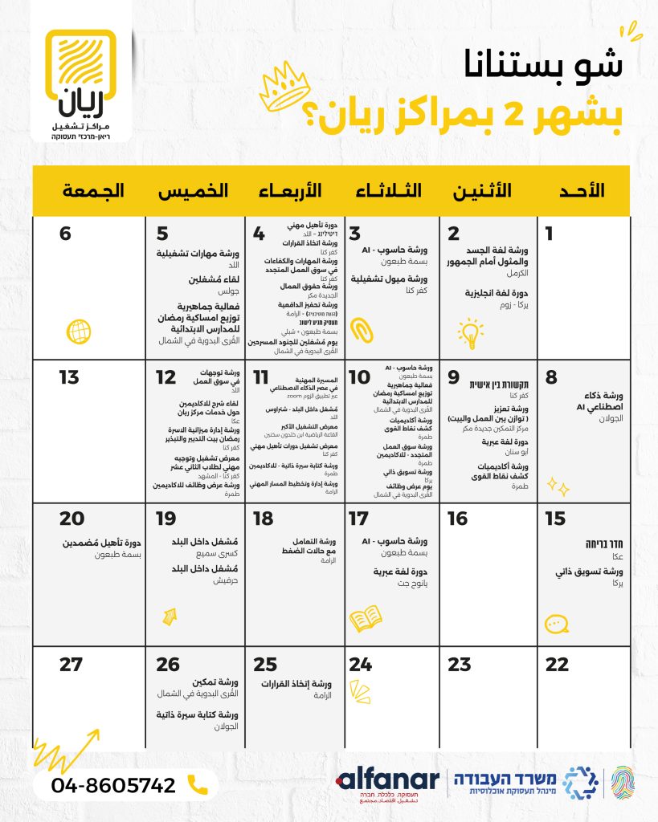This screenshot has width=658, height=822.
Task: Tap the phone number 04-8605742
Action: coord(114,784)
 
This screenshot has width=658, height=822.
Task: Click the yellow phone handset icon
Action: coord(197,784)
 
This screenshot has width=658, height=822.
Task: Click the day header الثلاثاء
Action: coord(390,191)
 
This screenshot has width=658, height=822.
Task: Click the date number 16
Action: coord(457,519)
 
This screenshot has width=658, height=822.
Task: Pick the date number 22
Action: coord(556,665)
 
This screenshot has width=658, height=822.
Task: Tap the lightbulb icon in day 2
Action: coord(470,331)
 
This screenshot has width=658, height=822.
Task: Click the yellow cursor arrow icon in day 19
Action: coord(170,616)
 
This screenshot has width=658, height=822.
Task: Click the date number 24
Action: coord(361,665)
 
